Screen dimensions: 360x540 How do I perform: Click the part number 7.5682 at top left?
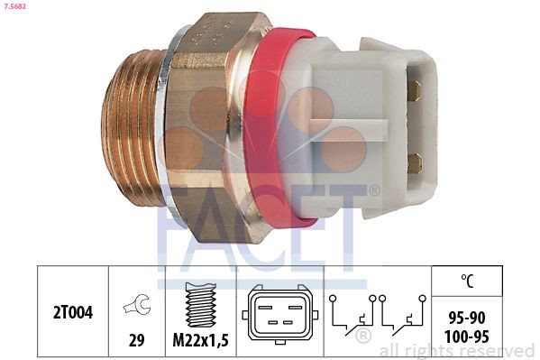pos(16,7)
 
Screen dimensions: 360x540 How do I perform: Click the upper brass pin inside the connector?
pos(414,90)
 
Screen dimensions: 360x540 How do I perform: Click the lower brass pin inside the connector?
pos(414,162)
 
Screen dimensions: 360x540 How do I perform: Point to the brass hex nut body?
pos(212,126)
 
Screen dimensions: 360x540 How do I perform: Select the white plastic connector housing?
pos(361,126)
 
